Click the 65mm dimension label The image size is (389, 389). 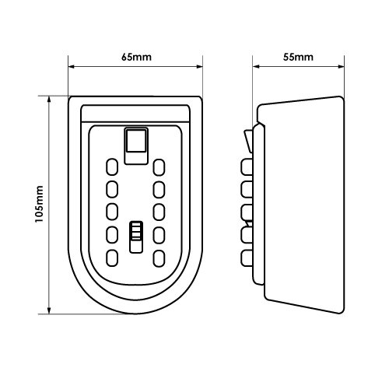[x=135, y=58]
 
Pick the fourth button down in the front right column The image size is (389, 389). [x=160, y=233]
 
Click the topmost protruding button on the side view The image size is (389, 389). [x=248, y=166]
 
